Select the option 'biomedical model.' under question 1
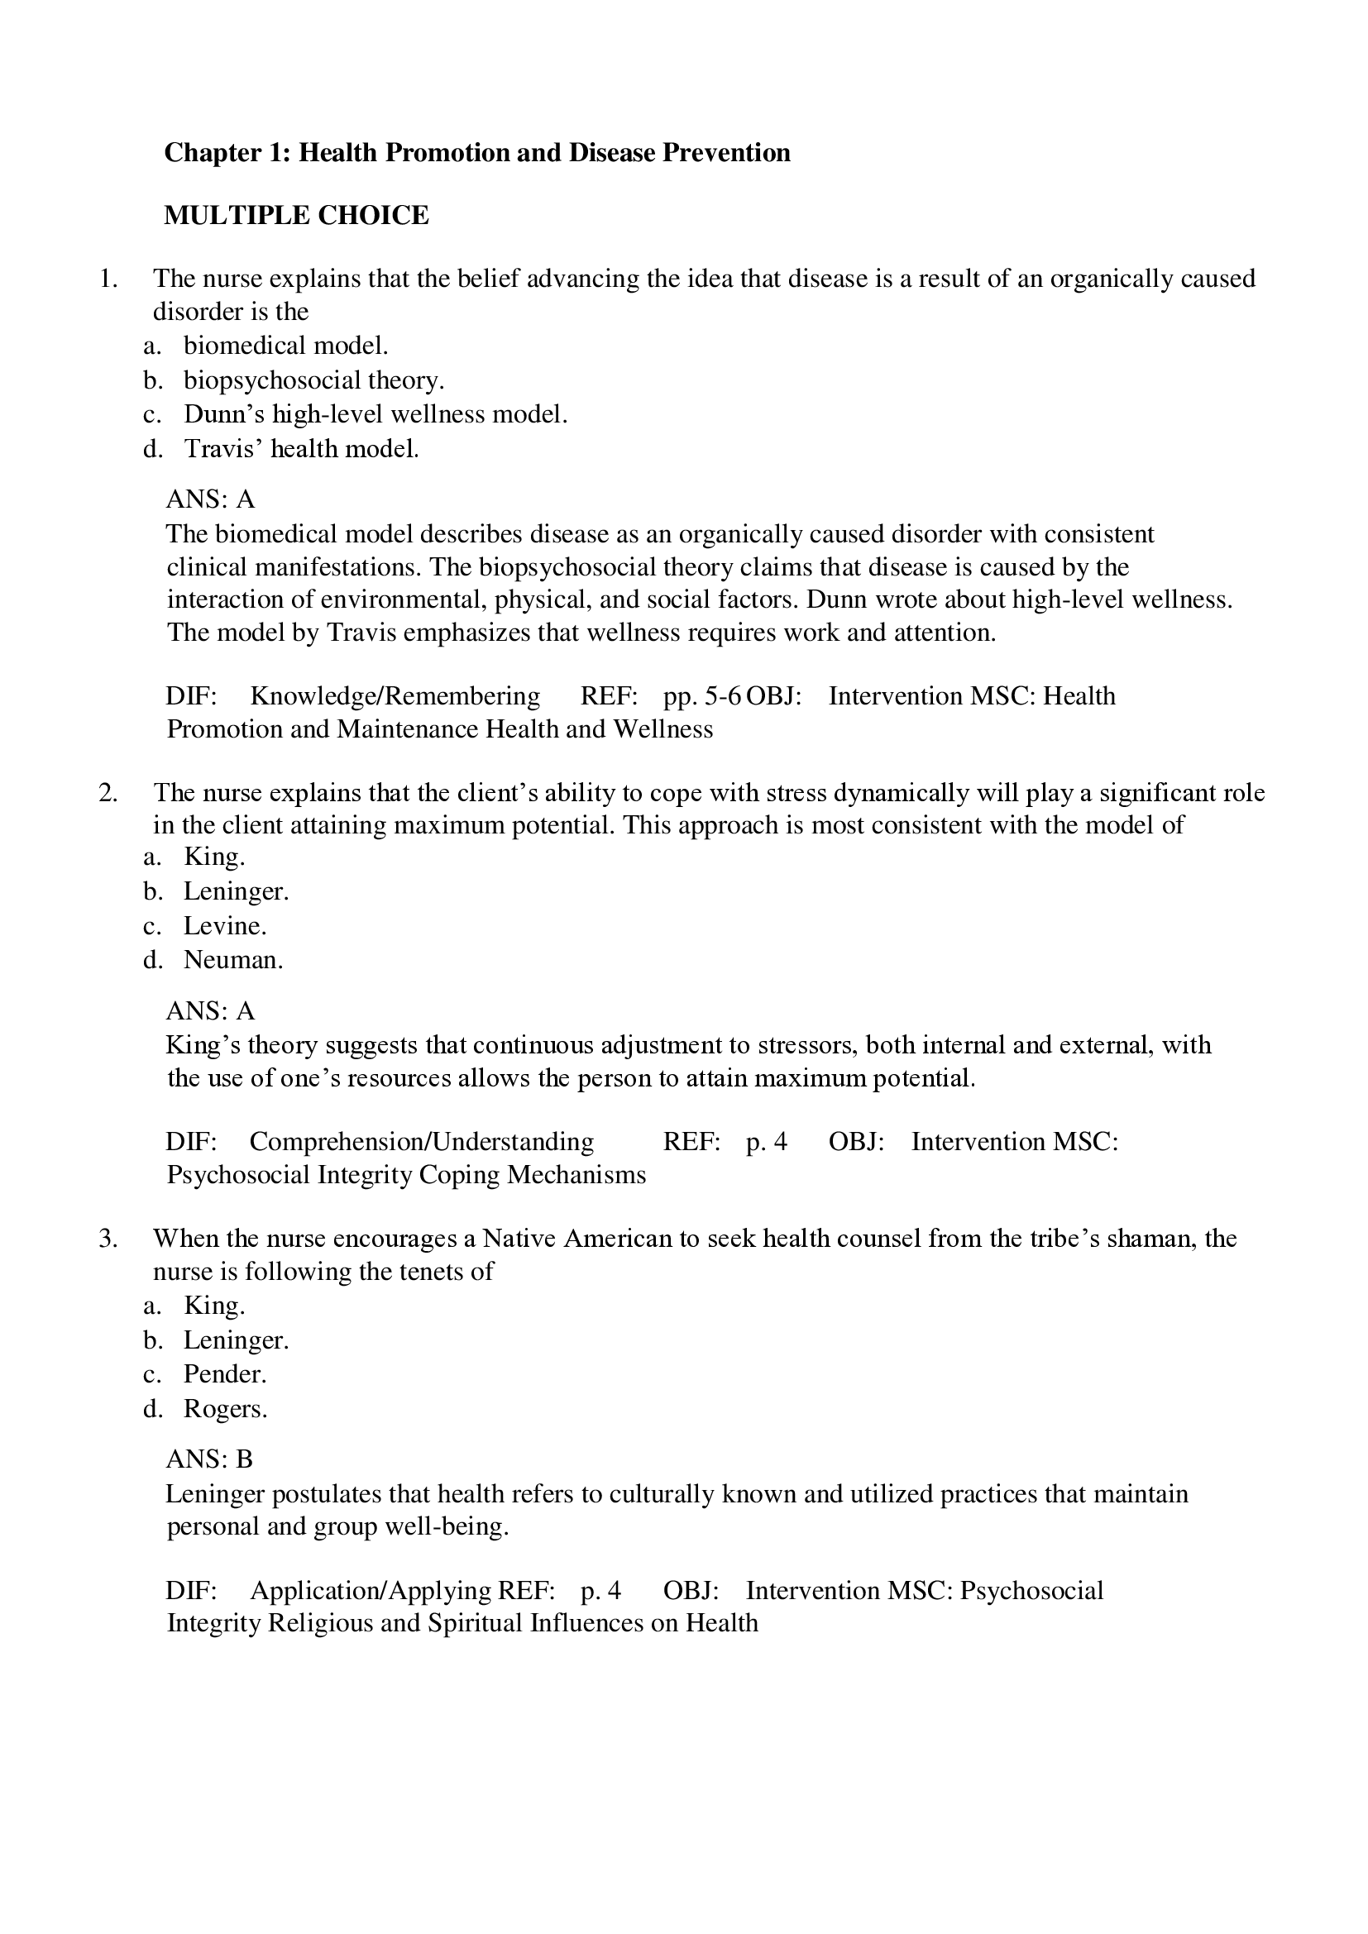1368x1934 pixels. (x=285, y=346)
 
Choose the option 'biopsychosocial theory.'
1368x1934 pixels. (x=313, y=380)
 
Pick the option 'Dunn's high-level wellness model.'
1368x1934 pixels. (x=375, y=414)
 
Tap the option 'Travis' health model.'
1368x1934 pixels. (x=301, y=449)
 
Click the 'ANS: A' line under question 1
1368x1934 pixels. (x=210, y=499)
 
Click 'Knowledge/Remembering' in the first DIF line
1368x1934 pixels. (x=395, y=695)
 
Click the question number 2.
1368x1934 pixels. (x=108, y=793)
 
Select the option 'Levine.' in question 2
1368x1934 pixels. (x=225, y=926)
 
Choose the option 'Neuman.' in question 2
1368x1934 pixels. (x=233, y=959)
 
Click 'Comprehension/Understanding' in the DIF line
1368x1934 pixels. (x=421, y=1141)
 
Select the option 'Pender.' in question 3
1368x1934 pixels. (x=225, y=1374)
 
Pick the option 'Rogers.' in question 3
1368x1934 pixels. (x=225, y=1408)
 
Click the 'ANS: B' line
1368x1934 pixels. (x=209, y=1459)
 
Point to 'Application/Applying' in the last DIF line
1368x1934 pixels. (x=371, y=1590)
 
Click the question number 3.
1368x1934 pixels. (x=108, y=1239)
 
